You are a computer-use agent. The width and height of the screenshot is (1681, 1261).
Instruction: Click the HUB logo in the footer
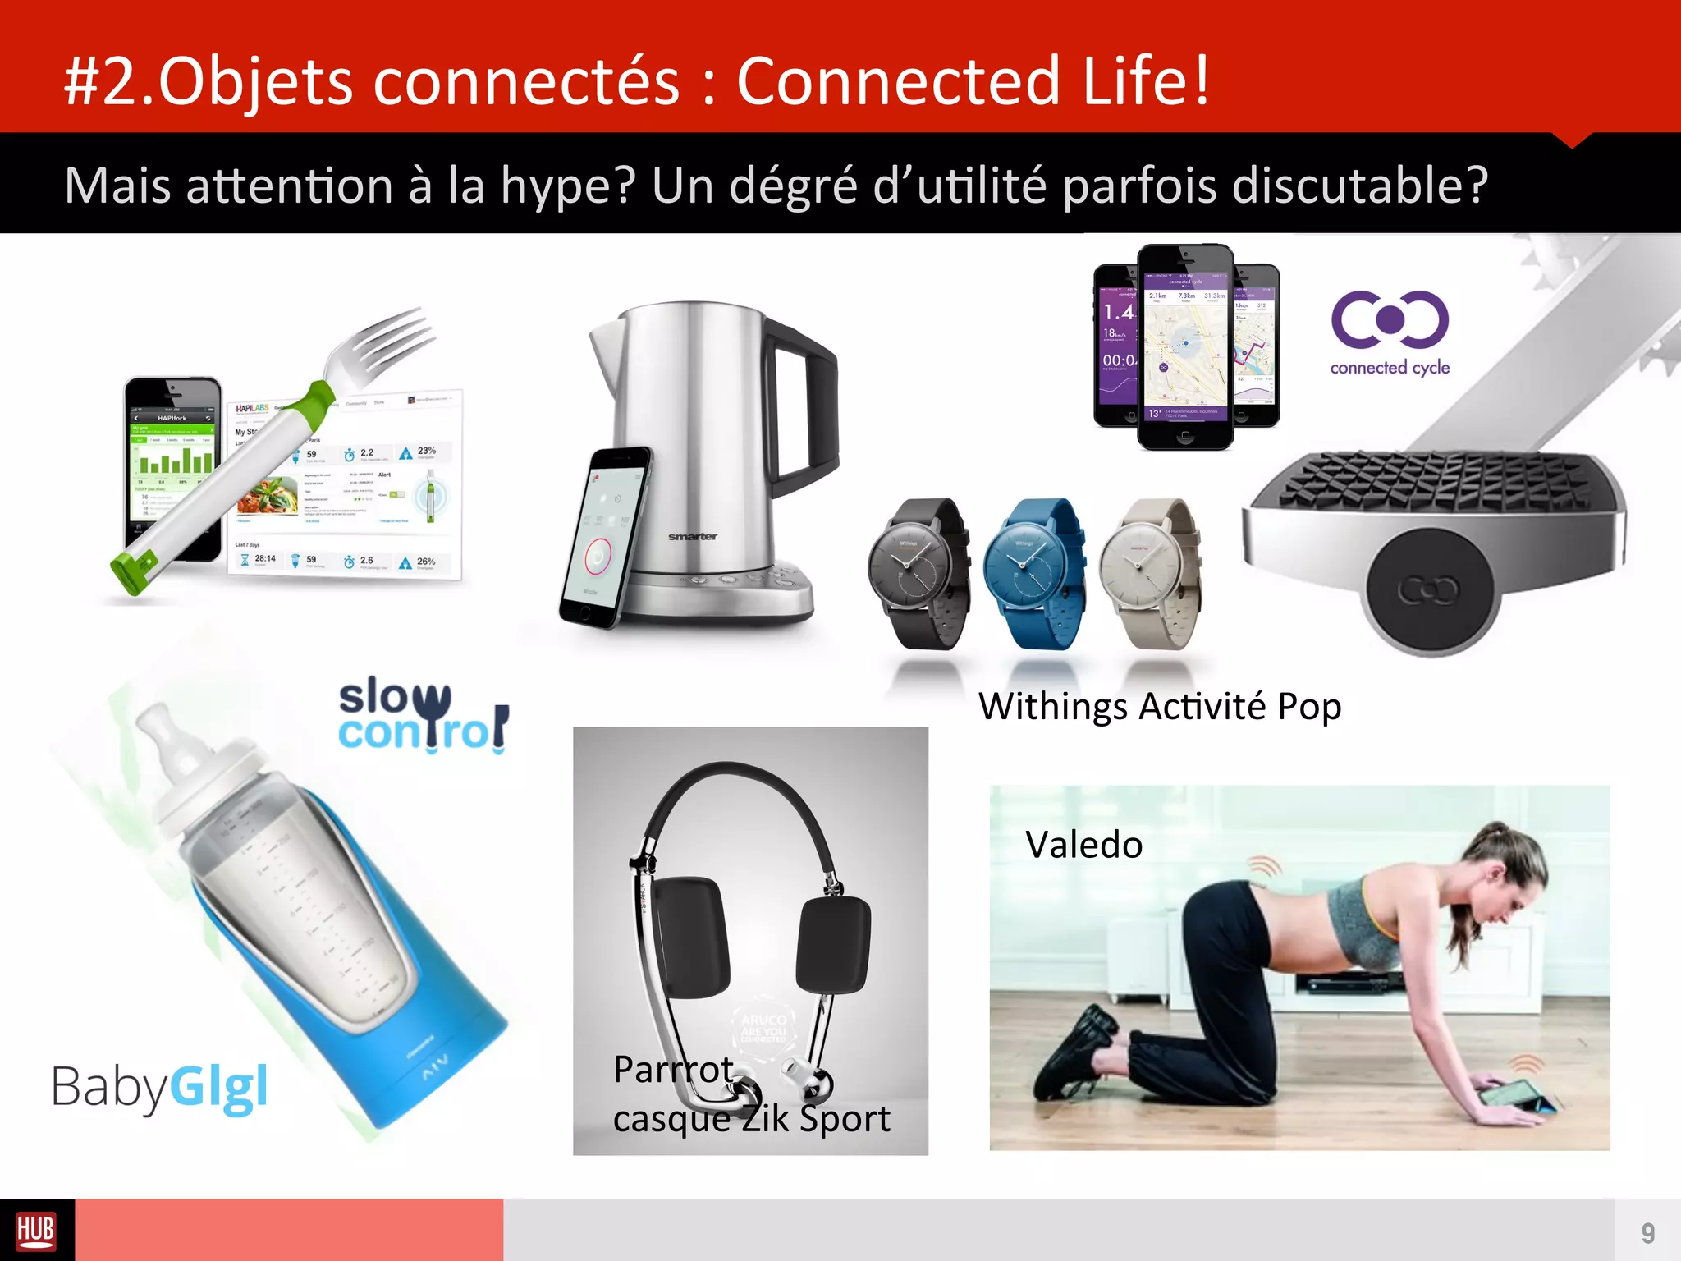(x=36, y=1231)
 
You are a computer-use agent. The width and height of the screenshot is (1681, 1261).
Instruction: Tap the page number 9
(x=1647, y=1232)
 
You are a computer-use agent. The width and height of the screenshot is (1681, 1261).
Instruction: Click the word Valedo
(x=1083, y=845)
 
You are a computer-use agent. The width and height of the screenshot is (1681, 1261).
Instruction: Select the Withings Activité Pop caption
(x=1160, y=706)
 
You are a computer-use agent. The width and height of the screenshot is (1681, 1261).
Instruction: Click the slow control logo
(x=423, y=715)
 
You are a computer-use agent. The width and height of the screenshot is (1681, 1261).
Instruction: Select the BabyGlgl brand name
(x=160, y=1087)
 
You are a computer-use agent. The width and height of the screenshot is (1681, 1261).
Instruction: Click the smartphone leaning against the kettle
(x=605, y=538)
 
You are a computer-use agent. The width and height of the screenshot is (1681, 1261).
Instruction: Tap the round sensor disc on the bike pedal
(x=1429, y=588)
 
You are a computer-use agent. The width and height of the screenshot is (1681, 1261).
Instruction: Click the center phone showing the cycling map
(x=1184, y=346)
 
